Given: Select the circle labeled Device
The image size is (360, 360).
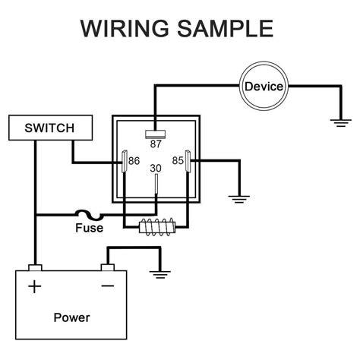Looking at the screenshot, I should [x=264, y=86].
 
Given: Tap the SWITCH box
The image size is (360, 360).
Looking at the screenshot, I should [x=41, y=128].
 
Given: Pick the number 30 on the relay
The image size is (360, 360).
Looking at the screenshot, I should [x=156, y=168].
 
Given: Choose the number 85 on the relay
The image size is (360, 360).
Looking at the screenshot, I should [x=179, y=161].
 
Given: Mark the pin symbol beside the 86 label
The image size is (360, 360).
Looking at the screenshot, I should [x=124, y=163].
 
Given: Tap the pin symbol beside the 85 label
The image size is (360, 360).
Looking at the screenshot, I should [x=191, y=163].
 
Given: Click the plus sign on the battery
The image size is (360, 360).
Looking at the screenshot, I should [x=34, y=286].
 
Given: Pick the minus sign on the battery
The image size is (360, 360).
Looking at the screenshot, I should [x=107, y=286].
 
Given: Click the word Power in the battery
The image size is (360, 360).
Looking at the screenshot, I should [x=72, y=317].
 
